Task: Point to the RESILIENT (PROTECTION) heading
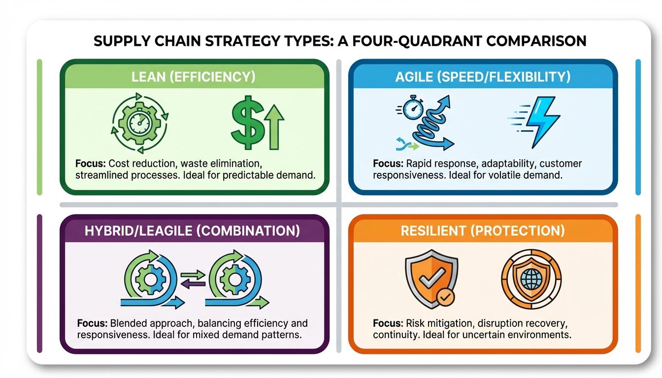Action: point(483,231)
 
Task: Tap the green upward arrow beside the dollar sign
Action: point(275,126)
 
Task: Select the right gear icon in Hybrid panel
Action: point(232,278)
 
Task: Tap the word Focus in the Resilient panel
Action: point(388,323)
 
